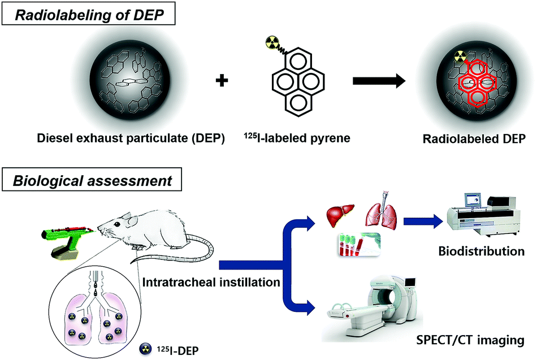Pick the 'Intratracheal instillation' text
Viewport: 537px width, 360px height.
click(210, 280)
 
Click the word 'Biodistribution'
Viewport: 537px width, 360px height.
click(488, 250)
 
